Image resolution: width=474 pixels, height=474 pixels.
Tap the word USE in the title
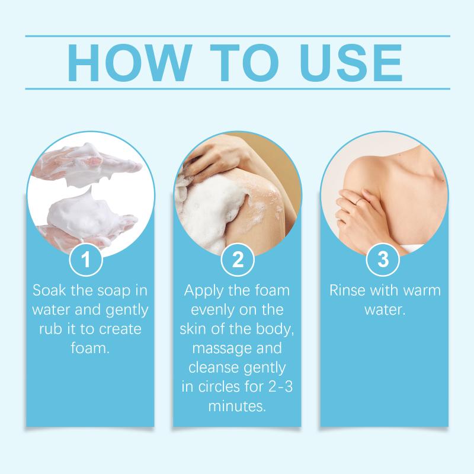[351, 63]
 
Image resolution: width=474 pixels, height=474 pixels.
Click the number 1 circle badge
[86, 260]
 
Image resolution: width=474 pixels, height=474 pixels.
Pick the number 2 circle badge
[238, 260]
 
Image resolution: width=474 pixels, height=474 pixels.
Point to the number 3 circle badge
[383, 260]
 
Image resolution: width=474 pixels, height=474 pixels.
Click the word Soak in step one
[49, 290]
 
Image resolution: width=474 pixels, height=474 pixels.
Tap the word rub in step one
[50, 329]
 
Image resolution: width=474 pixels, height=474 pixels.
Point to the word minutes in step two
[237, 406]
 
